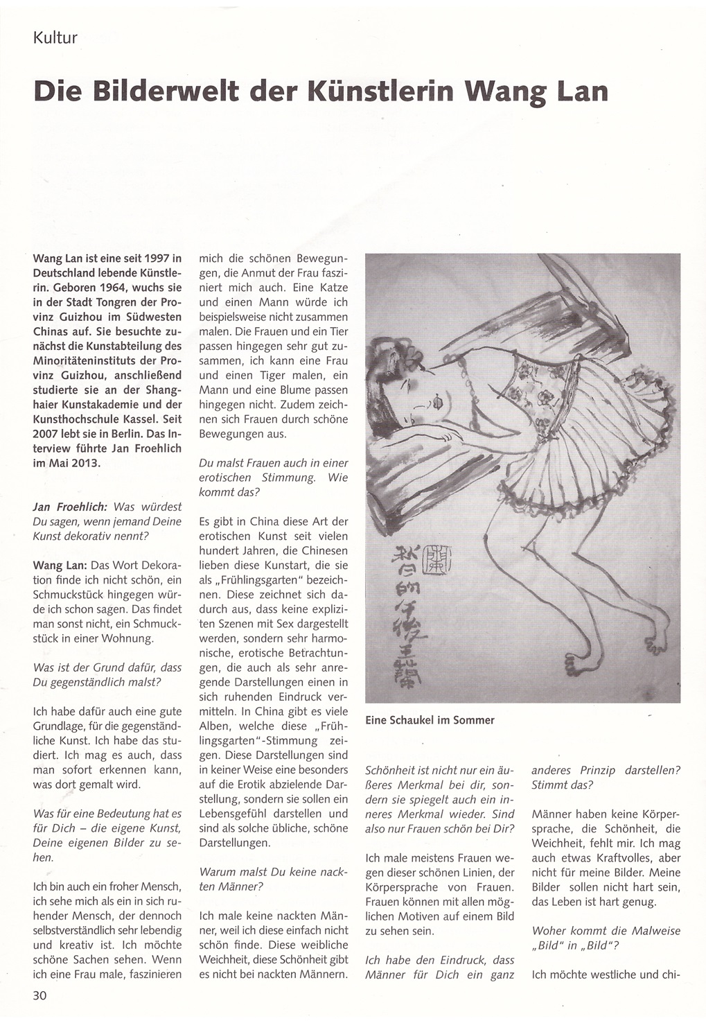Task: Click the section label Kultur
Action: (55, 37)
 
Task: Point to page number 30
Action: (39, 995)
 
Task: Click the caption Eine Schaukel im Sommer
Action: (430, 720)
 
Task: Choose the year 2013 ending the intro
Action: (85, 463)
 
